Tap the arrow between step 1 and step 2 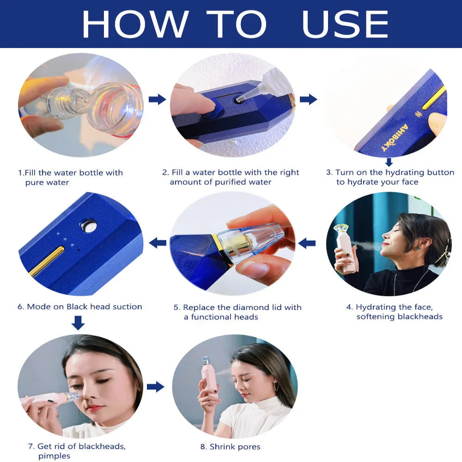pos(158,99)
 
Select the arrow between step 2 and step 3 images pos(308,99)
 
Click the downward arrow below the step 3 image pos(389,162)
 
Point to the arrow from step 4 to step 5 pos(307,243)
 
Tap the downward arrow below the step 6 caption pos(78,322)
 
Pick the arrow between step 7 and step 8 pos(156,387)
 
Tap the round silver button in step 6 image pos(88,225)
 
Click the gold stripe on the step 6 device pos(47,261)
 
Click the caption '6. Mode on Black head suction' pos(80,307)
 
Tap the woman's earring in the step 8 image pos(276,386)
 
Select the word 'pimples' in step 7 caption pos(54,456)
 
